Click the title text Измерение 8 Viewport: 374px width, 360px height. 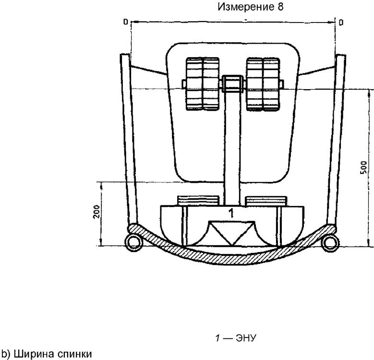tap(251, 7)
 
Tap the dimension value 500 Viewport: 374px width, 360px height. tap(363, 168)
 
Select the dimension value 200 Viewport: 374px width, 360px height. tap(97, 211)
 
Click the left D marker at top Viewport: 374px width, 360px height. tap(126, 22)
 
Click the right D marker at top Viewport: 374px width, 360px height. tap(341, 22)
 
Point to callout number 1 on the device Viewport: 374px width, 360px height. tap(231, 213)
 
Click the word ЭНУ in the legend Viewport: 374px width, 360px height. tap(246, 338)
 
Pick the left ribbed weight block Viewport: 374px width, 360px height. tap(203, 84)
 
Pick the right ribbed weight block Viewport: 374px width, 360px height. tap(263, 84)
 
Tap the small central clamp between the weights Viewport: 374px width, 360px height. tap(233, 84)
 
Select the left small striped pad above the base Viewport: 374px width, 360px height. tap(198, 201)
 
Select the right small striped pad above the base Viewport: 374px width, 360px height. tap(266, 201)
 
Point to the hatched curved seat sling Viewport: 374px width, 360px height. tap(232, 259)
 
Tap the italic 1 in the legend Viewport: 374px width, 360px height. tap(217, 338)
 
